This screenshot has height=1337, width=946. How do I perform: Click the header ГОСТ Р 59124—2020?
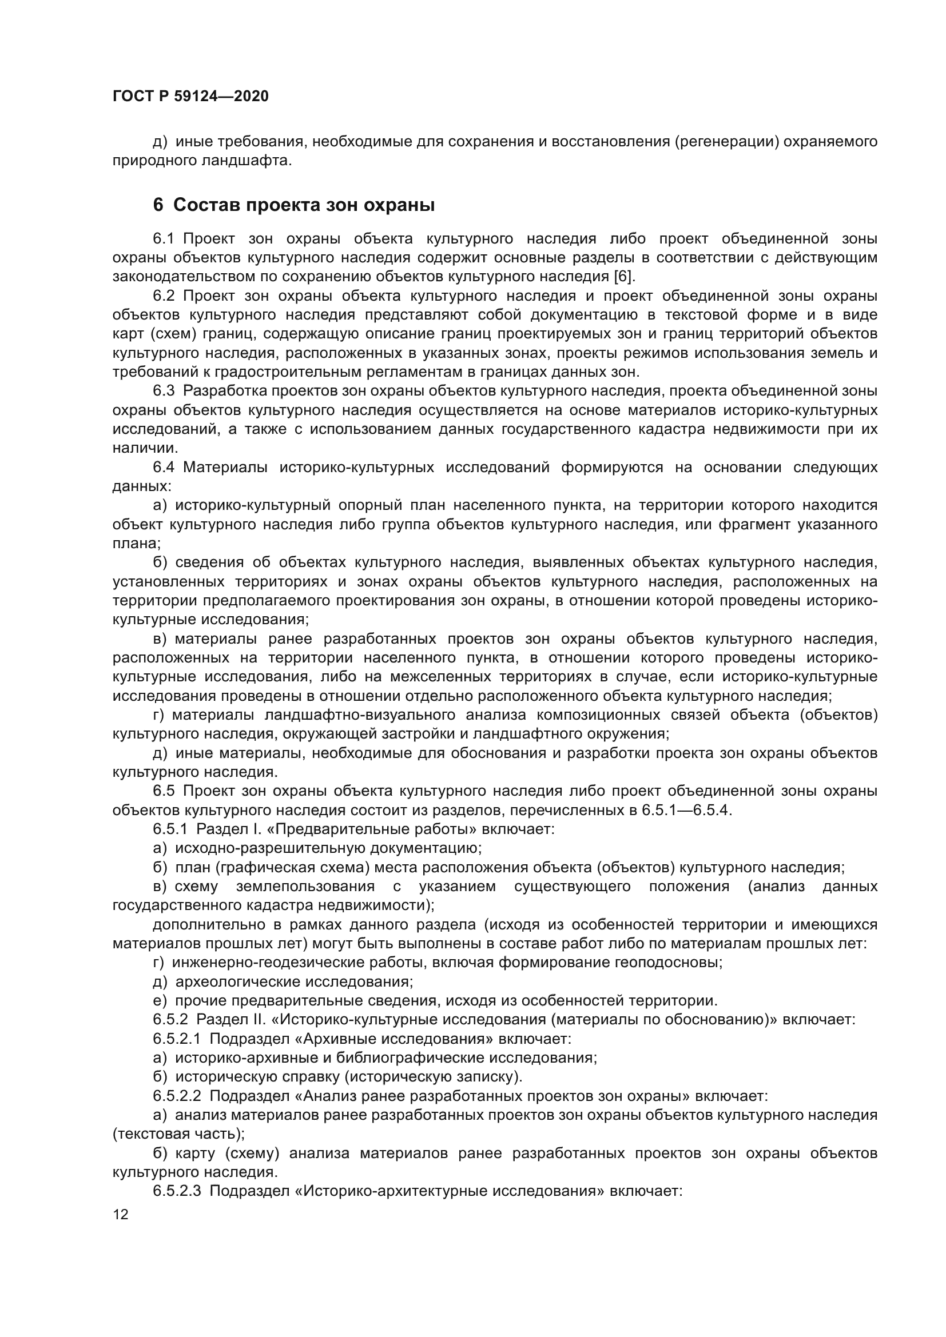pos(190,97)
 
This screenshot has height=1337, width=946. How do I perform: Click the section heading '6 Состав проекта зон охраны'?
pos(293,206)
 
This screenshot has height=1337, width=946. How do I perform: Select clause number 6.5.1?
pos(170,829)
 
